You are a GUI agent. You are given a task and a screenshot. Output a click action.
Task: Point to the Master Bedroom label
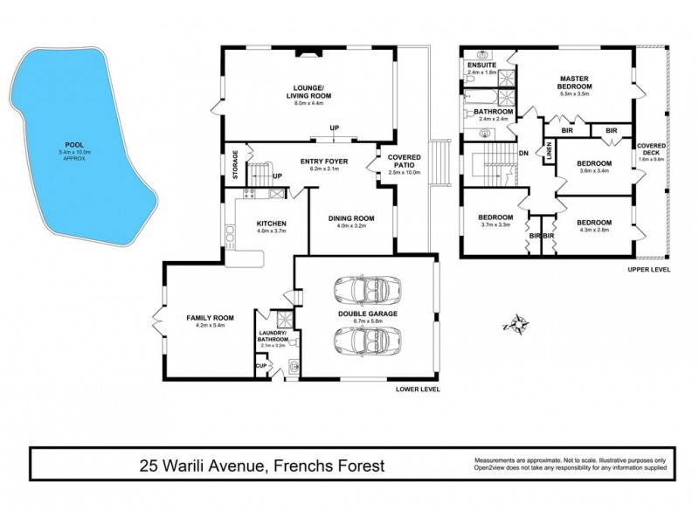point(576,83)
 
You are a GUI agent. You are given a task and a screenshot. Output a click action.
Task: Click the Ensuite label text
point(481,66)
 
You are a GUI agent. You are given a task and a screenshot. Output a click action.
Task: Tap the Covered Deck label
point(652,151)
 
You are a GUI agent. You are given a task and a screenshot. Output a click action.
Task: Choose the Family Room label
point(206,319)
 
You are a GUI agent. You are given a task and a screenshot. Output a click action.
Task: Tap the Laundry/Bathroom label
point(274,338)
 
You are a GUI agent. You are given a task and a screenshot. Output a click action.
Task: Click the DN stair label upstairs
point(523,155)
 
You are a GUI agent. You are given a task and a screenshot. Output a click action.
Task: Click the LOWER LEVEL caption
point(417,389)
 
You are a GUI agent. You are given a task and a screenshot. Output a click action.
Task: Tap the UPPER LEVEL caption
point(648,270)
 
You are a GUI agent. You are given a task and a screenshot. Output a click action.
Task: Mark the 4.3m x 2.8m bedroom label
point(594,225)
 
